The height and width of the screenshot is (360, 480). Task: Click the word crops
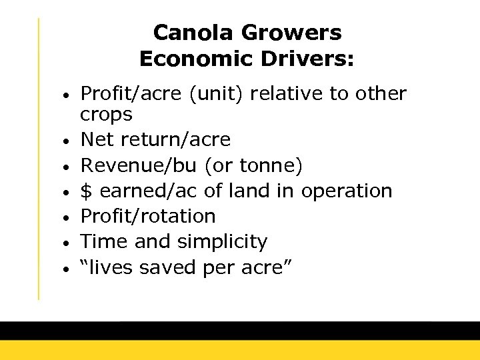[x=106, y=115]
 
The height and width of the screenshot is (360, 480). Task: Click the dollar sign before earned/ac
[x=85, y=191]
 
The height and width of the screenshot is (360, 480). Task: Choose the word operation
[x=347, y=191]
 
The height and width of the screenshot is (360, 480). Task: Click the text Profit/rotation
[x=148, y=216]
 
